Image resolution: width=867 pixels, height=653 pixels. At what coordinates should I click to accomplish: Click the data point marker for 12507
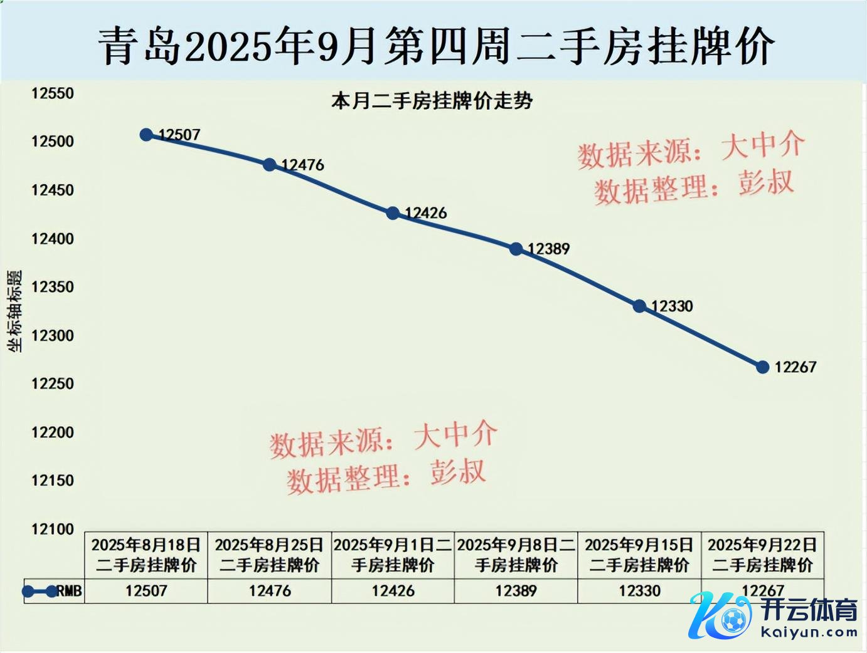click(x=146, y=135)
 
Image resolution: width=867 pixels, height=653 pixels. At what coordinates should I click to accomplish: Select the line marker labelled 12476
click(x=270, y=165)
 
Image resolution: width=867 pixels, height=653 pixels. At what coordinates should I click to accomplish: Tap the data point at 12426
click(x=393, y=213)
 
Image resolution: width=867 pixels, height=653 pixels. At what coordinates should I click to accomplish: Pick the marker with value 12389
click(x=516, y=249)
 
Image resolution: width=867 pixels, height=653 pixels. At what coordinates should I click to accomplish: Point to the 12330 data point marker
click(x=639, y=306)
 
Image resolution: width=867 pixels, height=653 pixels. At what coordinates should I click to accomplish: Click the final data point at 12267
click(x=763, y=367)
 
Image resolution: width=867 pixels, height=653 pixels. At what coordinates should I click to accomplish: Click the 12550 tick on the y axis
click(x=53, y=93)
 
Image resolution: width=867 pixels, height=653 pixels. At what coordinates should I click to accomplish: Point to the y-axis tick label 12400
click(x=53, y=239)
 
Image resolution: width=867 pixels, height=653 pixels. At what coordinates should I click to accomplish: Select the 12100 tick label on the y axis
click(x=53, y=530)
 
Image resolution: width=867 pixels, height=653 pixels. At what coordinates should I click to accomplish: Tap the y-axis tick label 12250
click(x=53, y=384)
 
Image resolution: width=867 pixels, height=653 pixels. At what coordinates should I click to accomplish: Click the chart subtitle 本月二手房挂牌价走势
click(x=432, y=101)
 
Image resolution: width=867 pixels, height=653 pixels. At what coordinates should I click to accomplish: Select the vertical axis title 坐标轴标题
click(x=14, y=311)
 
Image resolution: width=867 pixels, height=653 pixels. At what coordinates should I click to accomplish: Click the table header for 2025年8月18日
click(x=146, y=555)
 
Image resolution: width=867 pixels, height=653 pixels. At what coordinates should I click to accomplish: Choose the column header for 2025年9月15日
click(x=639, y=555)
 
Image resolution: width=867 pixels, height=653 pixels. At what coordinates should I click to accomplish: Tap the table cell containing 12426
click(x=393, y=591)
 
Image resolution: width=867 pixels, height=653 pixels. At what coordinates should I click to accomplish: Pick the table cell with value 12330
click(x=639, y=591)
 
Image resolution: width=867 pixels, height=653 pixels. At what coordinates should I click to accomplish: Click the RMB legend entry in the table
click(x=53, y=591)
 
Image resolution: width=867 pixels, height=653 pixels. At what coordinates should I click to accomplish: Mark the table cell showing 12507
click(x=146, y=591)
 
